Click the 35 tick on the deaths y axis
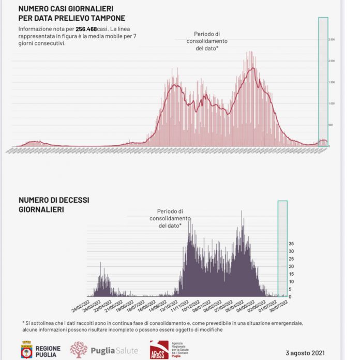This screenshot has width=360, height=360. tap(291, 243)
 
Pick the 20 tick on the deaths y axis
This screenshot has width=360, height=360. tap(291, 266)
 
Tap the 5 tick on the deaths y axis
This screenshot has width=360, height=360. tap(290, 289)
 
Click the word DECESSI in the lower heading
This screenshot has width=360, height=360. tap(74, 200)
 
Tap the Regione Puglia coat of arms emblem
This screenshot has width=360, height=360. tap(27, 350)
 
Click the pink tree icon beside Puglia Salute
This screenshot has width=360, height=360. tap(79, 350)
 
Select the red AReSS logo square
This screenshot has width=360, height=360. tap(158, 350)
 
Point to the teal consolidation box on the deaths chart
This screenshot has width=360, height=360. tap(282, 248)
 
